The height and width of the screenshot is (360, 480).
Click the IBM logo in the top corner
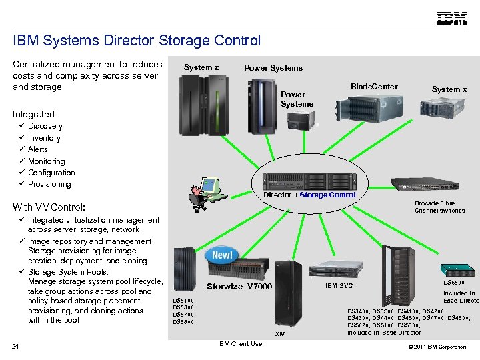(x=451, y=18)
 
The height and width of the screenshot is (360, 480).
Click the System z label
(x=201, y=67)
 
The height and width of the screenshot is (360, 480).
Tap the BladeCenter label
(x=374, y=86)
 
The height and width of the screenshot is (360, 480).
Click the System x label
(x=449, y=89)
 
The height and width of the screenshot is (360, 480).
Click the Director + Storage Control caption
(x=309, y=195)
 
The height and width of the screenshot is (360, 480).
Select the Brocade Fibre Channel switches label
(x=439, y=207)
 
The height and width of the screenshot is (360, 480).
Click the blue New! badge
(x=223, y=255)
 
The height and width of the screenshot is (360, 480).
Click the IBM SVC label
(x=339, y=286)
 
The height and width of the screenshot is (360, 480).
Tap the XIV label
(x=281, y=333)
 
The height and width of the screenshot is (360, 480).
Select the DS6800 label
(x=459, y=283)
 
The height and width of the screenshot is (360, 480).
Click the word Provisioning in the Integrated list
(x=49, y=184)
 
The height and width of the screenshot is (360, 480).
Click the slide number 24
(x=15, y=345)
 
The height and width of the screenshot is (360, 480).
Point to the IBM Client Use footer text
(x=240, y=344)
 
